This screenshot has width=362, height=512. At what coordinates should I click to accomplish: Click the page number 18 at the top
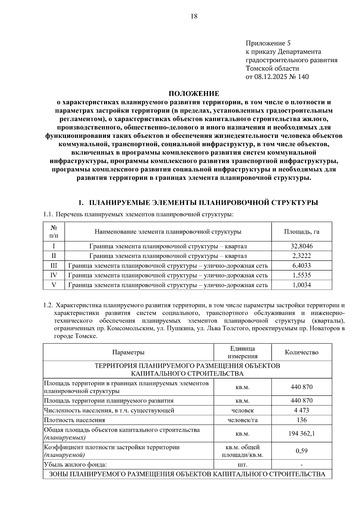click(194, 17)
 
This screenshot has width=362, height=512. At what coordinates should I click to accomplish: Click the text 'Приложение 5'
click(268, 43)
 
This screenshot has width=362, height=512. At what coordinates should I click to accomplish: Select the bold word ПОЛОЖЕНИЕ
click(194, 93)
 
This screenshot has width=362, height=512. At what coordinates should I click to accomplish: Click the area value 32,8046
click(301, 246)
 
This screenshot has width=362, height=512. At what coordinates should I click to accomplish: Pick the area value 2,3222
click(301, 256)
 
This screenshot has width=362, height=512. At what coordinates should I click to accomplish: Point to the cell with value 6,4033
click(301, 266)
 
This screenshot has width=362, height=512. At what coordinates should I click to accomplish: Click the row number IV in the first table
click(54, 275)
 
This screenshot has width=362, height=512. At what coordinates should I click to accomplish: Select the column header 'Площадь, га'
click(301, 232)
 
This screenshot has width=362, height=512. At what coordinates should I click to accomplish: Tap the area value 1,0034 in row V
click(301, 285)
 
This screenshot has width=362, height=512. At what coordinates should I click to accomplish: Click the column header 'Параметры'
click(128, 352)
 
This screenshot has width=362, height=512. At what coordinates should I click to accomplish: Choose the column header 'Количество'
click(301, 352)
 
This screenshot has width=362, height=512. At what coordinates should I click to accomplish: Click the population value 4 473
click(301, 410)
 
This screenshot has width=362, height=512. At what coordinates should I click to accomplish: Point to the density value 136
click(301, 420)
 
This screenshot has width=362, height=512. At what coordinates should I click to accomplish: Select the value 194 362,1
click(301, 434)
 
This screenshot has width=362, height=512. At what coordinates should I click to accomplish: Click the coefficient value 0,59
click(301, 451)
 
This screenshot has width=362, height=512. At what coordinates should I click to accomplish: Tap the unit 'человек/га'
click(243, 420)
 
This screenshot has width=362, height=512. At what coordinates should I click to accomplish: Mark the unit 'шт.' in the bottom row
click(243, 465)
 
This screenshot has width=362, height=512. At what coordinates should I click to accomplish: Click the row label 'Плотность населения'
click(75, 420)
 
